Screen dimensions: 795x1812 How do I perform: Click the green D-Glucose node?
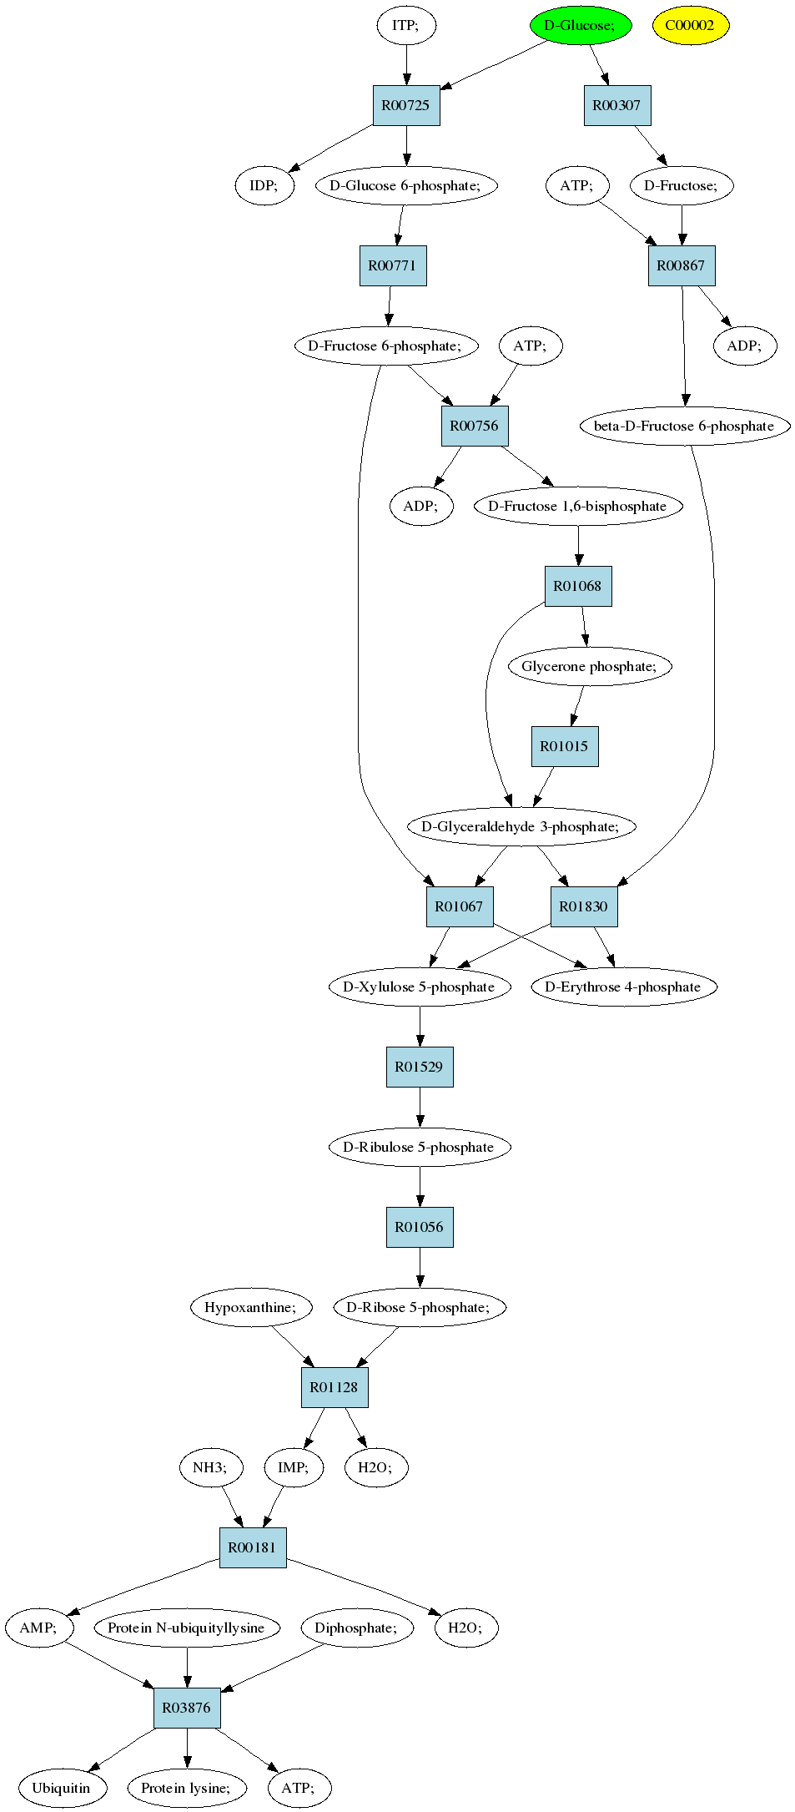click(x=580, y=25)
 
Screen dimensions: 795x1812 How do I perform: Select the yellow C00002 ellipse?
click(x=690, y=25)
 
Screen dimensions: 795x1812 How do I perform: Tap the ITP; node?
click(x=406, y=25)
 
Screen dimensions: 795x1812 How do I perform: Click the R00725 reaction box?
click(x=406, y=105)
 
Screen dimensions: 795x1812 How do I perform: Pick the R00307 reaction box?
click(x=617, y=105)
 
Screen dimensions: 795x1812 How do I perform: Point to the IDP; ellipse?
click(x=264, y=185)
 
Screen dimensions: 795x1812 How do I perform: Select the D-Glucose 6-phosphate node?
click(x=406, y=185)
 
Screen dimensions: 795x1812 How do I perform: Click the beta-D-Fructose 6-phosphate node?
click(x=685, y=426)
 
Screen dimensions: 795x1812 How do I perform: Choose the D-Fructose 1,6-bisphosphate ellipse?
click(x=578, y=506)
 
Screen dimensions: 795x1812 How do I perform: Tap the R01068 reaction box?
click(x=578, y=586)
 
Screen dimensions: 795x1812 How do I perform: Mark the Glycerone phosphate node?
click(x=590, y=666)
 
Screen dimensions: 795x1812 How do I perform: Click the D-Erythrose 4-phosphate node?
click(x=623, y=987)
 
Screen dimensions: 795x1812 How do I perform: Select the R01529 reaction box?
click(x=420, y=1067)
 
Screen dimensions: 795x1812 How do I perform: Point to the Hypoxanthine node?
click(x=251, y=1307)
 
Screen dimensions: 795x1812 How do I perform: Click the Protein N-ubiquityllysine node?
click(x=187, y=1628)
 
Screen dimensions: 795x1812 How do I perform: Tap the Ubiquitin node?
click(x=61, y=1788)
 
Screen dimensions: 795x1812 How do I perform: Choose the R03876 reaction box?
click(x=187, y=1708)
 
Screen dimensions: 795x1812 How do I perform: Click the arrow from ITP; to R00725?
click(x=406, y=65)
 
